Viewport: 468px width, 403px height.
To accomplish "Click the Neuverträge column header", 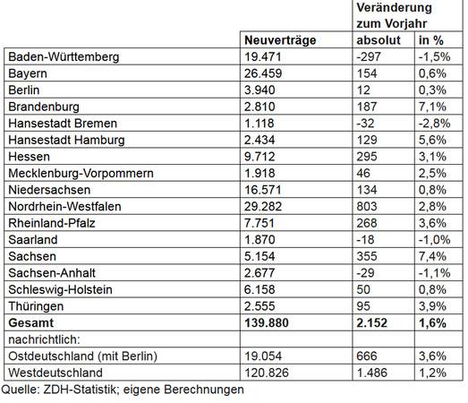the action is click(x=280, y=40).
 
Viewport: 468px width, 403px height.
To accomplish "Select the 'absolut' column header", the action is click(x=379, y=40).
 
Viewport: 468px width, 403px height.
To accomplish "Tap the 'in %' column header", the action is click(x=431, y=40).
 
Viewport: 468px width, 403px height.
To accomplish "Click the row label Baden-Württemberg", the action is click(x=64, y=56).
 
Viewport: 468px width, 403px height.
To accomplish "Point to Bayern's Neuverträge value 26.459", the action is click(x=263, y=73).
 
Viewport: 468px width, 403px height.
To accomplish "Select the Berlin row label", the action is click(x=24, y=90).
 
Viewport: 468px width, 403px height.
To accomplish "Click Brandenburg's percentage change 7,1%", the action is click(x=432, y=107).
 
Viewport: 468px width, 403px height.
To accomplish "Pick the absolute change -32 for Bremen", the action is click(x=365, y=124).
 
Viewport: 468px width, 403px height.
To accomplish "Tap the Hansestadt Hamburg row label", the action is click(x=66, y=140).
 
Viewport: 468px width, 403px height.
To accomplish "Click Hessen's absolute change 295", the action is click(x=367, y=157).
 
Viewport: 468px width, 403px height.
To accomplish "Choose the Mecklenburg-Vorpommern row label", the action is click(x=81, y=173).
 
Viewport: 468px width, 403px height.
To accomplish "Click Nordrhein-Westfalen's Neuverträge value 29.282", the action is click(x=263, y=207).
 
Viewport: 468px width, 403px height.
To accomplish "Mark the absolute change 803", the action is click(x=367, y=207).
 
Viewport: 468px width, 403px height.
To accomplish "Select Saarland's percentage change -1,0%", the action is click(x=434, y=240).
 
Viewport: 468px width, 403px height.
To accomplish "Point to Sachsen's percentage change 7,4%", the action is click(x=432, y=256).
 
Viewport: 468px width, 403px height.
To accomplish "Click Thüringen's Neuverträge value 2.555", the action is click(x=260, y=306).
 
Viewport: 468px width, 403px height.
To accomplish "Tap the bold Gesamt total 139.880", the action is click(x=267, y=323).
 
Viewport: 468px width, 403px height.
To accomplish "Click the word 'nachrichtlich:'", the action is click(x=44, y=339).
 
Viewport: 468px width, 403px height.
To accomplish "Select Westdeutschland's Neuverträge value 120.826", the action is click(x=267, y=373).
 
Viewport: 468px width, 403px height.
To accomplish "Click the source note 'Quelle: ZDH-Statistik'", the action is click(x=58, y=390).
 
